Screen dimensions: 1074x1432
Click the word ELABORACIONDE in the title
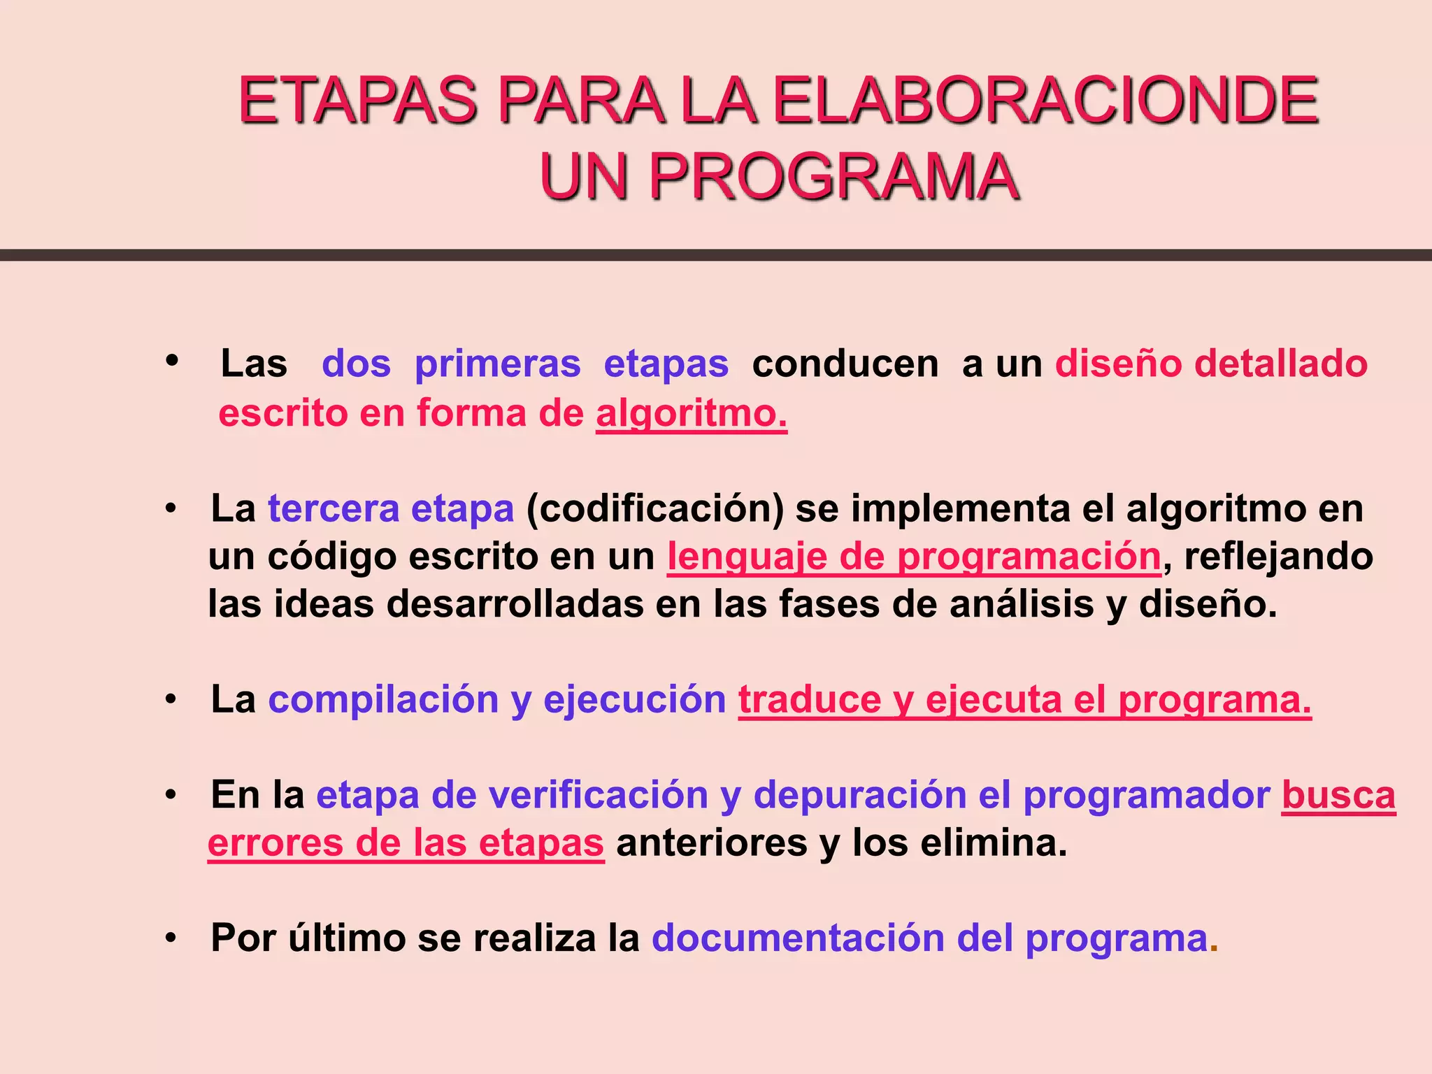pos(1045,101)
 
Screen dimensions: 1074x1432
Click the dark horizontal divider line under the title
pos(716,255)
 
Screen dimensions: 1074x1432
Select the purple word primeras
pos(497,364)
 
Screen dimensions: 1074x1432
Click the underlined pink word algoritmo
pos(691,413)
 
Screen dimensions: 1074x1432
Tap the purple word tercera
pos(333,508)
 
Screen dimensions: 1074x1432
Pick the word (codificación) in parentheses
pos(655,509)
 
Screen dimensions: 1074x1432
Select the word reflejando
pos(1278,557)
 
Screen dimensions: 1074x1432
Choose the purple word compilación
pos(383,699)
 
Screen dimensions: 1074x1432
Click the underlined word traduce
pos(809,699)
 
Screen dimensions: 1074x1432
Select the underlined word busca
pos(1338,795)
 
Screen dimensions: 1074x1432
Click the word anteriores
pos(711,843)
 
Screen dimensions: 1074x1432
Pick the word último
pos(346,938)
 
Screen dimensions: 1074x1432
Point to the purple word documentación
pos(798,938)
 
